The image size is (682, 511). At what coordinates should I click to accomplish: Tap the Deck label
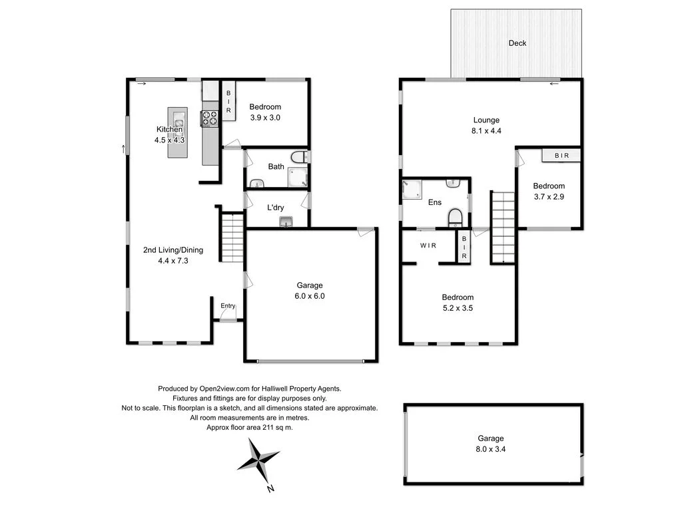coord(517,43)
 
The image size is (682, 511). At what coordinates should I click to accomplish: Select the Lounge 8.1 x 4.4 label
coord(486,126)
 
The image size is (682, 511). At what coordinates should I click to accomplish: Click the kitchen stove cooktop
coord(210,118)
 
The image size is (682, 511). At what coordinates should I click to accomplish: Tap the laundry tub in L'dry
coord(287,222)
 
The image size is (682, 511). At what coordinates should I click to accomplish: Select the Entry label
coord(228,306)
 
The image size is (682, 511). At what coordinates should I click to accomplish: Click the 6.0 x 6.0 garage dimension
coord(310,296)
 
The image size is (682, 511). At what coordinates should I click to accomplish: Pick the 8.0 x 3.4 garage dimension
coord(490,449)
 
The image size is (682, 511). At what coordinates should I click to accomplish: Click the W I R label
coord(428,246)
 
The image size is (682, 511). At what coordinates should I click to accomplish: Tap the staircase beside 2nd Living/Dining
coord(232,238)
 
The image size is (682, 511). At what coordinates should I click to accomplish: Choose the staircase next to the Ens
coord(504,227)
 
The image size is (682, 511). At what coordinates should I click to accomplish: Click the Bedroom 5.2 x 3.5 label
coord(458,303)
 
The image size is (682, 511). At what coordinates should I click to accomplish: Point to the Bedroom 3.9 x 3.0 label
coord(265,112)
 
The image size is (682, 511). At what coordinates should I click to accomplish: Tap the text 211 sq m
coord(273,428)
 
